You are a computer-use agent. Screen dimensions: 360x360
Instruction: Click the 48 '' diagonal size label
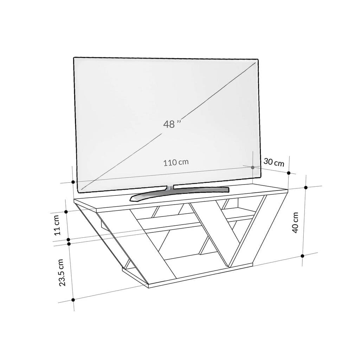point(172,124)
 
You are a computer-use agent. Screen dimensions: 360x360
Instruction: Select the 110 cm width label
point(176,162)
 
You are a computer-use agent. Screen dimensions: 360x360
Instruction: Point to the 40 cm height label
point(295,222)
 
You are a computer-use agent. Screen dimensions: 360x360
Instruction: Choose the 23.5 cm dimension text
point(62,272)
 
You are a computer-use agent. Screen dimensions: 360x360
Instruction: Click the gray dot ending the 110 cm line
point(253,167)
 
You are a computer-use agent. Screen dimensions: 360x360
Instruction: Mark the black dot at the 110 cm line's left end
point(73,182)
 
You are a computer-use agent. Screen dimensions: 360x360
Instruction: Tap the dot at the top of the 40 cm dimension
point(306,187)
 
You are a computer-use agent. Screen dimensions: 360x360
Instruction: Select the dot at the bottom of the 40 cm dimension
point(303,256)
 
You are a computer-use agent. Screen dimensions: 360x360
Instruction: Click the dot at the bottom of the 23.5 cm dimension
point(73,300)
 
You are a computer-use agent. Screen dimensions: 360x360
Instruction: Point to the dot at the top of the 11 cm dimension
point(66,212)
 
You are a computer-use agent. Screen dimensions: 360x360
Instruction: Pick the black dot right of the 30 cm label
point(289,173)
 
